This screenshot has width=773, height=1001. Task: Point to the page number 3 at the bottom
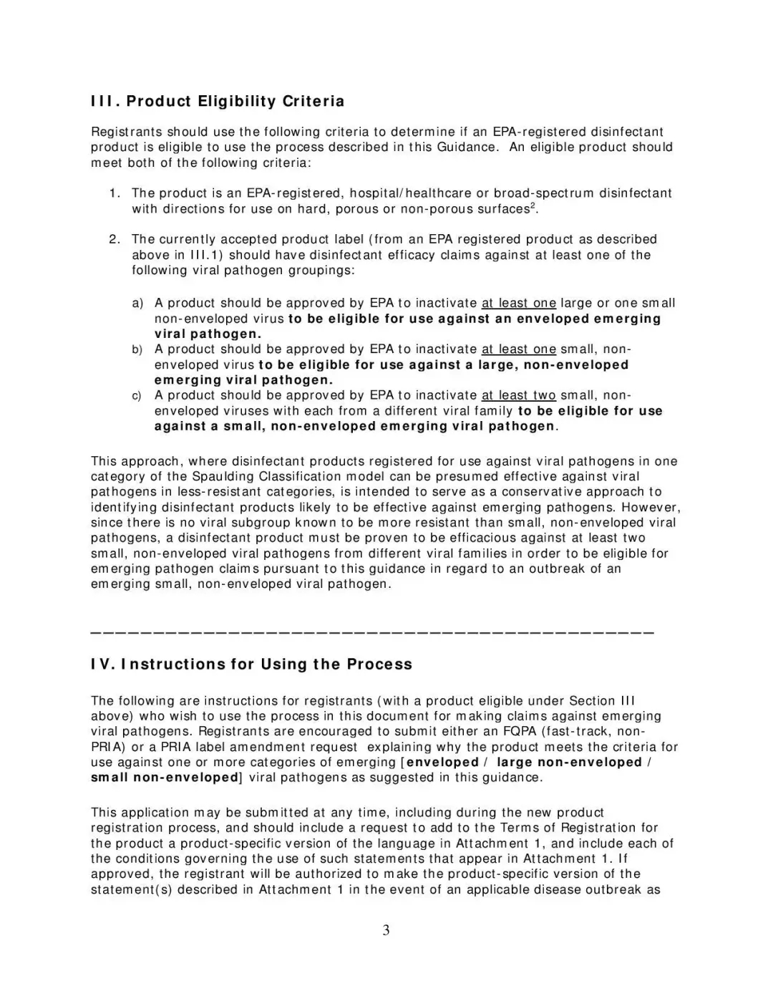[x=386, y=931]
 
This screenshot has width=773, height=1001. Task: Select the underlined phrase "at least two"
[x=518, y=395]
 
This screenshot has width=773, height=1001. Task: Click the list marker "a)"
[x=137, y=304]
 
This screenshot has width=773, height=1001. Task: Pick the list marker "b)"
[x=137, y=349]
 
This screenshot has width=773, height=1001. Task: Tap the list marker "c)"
[x=137, y=395]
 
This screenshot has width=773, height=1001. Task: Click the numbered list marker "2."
[x=115, y=239]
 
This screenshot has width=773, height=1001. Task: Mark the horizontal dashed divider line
[x=372, y=632]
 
